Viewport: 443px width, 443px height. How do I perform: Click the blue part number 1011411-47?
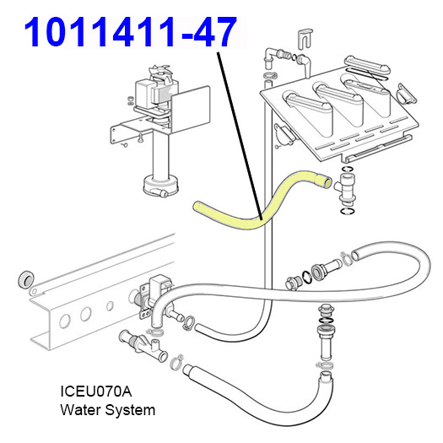(x=131, y=31)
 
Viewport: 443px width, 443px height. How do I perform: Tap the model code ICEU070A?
(x=96, y=392)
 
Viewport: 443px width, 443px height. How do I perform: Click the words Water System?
(x=108, y=410)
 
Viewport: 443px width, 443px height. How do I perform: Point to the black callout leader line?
(x=240, y=136)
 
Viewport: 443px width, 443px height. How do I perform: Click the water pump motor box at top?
(x=144, y=91)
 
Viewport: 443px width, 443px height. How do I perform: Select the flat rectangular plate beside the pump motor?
(x=190, y=110)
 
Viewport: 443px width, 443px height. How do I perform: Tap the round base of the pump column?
(x=160, y=186)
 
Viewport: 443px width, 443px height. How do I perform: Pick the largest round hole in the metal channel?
(x=64, y=321)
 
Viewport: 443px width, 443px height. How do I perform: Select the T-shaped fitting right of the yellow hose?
(x=345, y=187)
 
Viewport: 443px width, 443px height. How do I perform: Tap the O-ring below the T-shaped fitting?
(x=348, y=211)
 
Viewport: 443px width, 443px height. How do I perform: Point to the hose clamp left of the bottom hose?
(x=176, y=361)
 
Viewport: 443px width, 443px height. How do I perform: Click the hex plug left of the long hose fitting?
(x=293, y=283)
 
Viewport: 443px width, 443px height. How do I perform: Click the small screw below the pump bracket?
(x=140, y=138)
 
